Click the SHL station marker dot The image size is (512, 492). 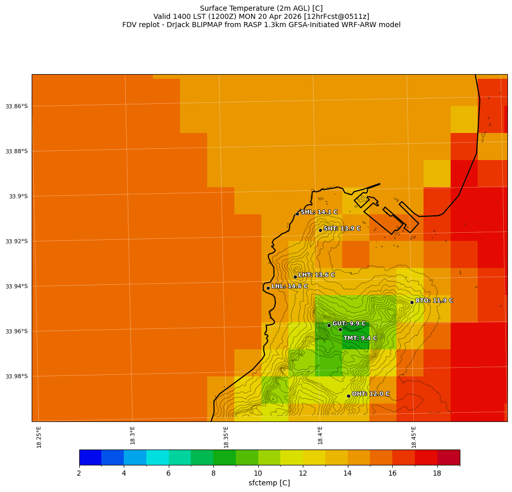(x=297, y=214)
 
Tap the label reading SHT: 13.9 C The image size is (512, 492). (x=342, y=229)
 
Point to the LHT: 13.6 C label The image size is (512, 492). (x=316, y=275)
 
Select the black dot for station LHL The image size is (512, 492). (x=268, y=288)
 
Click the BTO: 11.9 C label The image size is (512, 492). (x=434, y=301)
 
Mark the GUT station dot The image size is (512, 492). (x=329, y=325)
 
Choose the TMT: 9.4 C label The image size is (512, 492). (x=360, y=338)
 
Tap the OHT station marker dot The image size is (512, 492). (x=348, y=396)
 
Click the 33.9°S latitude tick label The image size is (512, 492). (x=18, y=196)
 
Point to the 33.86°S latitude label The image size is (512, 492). (x=16, y=106)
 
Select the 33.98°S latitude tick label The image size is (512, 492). (x=16, y=376)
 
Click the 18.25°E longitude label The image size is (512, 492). (x=39, y=437)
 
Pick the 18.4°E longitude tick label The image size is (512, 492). (x=320, y=436)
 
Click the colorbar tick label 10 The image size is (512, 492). (x=258, y=474)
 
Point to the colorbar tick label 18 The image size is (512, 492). (x=437, y=474)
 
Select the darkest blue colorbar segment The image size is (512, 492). (x=90, y=457)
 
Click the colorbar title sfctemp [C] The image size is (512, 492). (x=269, y=483)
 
